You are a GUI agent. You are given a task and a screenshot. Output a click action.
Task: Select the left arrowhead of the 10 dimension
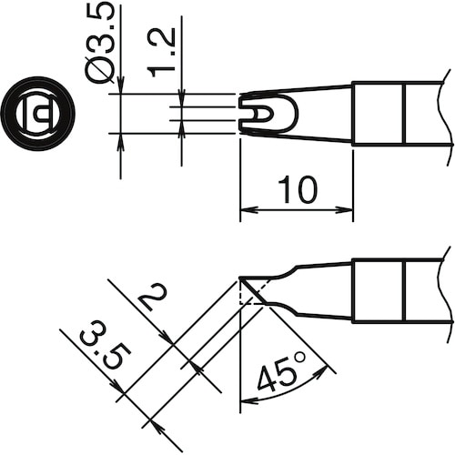click(x=246, y=212)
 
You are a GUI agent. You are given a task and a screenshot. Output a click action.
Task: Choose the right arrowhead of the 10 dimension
click(x=348, y=212)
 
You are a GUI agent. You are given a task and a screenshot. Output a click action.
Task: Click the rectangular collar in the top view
click(x=378, y=114)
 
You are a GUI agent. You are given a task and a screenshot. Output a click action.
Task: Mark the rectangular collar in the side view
click(x=378, y=289)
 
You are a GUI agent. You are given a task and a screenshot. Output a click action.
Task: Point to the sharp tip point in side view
click(x=240, y=278)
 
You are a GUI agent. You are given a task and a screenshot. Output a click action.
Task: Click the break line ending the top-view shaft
click(x=450, y=114)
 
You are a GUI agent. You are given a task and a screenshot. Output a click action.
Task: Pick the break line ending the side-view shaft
click(x=450, y=289)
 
